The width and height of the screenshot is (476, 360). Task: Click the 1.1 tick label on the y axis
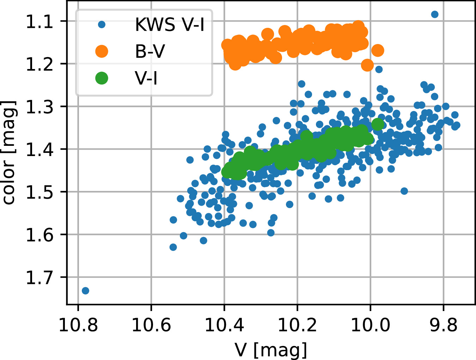[x=39, y=22]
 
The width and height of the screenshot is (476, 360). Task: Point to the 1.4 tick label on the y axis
[x=39, y=150]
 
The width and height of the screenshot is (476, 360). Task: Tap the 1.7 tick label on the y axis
[x=39, y=278]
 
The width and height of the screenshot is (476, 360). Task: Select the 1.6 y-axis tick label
[x=39, y=235]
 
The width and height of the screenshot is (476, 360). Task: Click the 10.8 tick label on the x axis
[x=78, y=324]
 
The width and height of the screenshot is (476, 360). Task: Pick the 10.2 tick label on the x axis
[x=297, y=324]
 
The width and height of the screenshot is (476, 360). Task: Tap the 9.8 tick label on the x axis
[x=443, y=324]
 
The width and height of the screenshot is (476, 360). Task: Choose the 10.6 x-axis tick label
[x=151, y=324]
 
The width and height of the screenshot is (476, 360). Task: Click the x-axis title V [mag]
[x=271, y=349]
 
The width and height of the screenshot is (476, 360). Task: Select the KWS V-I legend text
[x=170, y=25]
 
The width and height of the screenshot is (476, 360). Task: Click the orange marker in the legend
[x=102, y=51]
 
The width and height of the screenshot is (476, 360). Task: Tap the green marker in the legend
[x=102, y=78]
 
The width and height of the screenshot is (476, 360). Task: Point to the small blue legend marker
[x=102, y=25]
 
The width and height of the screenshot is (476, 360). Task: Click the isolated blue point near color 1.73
[x=85, y=291]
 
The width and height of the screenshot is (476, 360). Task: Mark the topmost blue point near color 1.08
[x=435, y=14]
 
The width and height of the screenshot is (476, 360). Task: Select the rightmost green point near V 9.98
[x=377, y=124]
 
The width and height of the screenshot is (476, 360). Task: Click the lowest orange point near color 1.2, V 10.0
[x=367, y=65]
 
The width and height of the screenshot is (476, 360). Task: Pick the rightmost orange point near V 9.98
[x=378, y=50]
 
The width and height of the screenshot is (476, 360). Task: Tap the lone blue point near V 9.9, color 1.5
[x=404, y=191]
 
